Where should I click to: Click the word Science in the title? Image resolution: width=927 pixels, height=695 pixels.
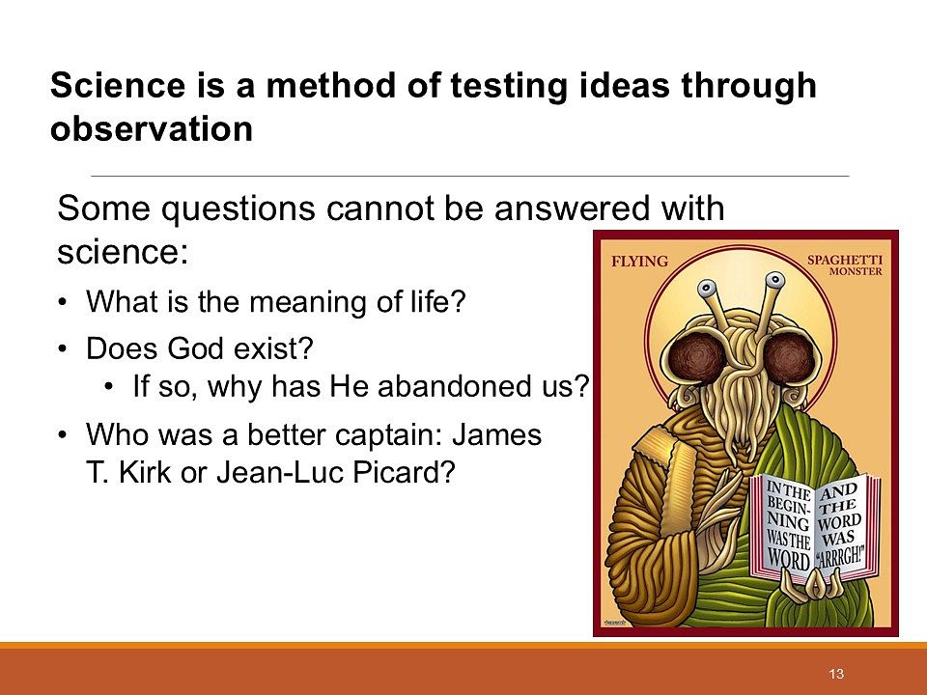point(117,85)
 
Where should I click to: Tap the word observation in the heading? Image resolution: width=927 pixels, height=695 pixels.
point(152,128)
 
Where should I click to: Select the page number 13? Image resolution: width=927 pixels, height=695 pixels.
point(836,674)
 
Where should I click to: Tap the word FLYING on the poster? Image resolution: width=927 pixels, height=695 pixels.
point(639,262)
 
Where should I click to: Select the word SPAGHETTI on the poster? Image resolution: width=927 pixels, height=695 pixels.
point(845,260)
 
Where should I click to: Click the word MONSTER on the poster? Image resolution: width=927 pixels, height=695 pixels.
point(856,271)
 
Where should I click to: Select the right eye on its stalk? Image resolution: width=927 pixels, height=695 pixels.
point(774,281)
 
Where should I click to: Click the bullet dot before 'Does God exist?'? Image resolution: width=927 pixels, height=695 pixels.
point(62,348)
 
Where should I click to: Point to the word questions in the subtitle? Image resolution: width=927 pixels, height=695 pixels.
point(239,209)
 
